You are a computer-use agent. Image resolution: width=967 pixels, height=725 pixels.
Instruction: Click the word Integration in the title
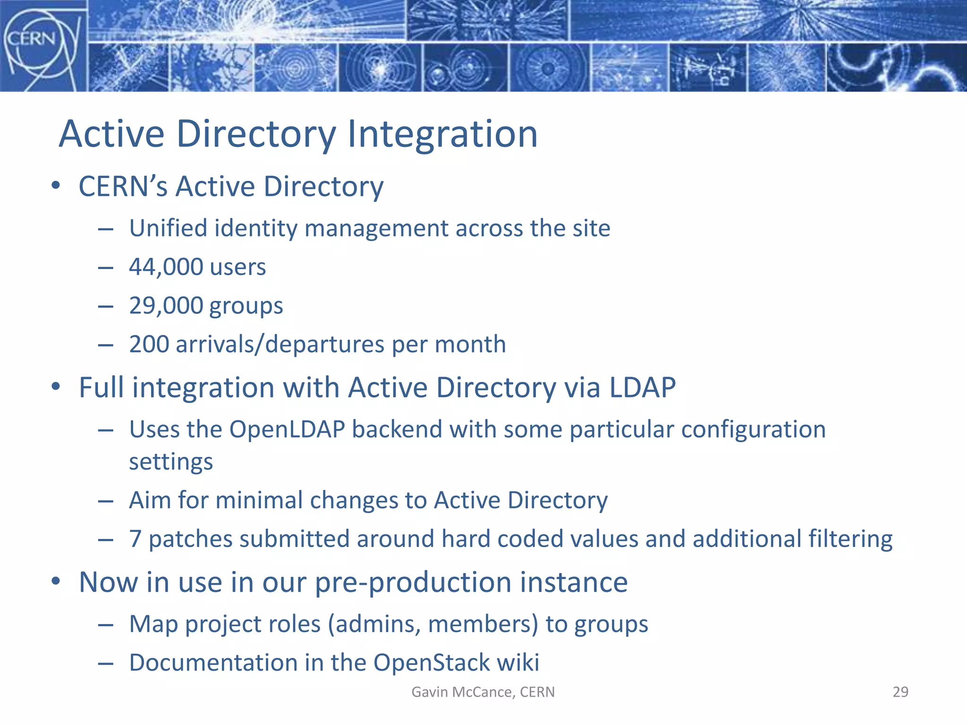click(x=442, y=135)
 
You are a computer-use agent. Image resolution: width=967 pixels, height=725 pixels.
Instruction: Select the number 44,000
click(x=166, y=267)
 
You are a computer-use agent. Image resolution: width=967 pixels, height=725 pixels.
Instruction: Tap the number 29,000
click(x=166, y=306)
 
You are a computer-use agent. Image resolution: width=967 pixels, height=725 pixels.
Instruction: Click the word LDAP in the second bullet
click(x=642, y=388)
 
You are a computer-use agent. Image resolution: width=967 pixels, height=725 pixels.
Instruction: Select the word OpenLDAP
click(x=287, y=430)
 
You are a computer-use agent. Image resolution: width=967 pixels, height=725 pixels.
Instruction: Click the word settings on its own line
click(x=171, y=462)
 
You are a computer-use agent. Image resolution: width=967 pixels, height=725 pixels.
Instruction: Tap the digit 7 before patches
click(x=136, y=539)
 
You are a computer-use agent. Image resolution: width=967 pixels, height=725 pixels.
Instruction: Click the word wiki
click(x=518, y=663)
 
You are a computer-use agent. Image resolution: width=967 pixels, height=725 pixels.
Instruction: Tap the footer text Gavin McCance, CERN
click(x=483, y=692)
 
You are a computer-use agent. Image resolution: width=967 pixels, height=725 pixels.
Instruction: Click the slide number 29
click(x=900, y=692)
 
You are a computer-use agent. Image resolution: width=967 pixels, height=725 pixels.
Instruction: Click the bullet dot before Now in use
click(x=56, y=582)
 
